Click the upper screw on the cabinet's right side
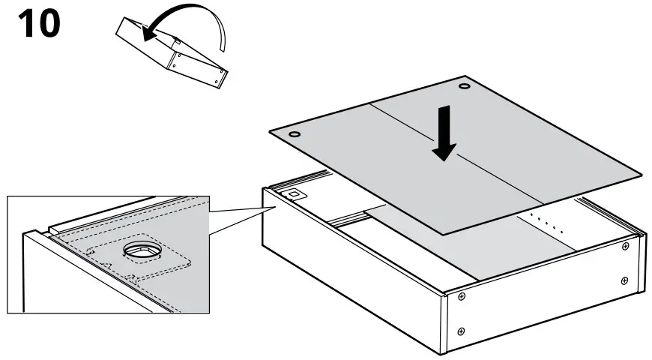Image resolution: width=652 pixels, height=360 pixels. click(x=624, y=246)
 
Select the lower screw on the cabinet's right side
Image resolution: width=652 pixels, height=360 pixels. click(x=624, y=280)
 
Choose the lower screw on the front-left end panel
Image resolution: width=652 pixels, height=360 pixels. click(x=461, y=331)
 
